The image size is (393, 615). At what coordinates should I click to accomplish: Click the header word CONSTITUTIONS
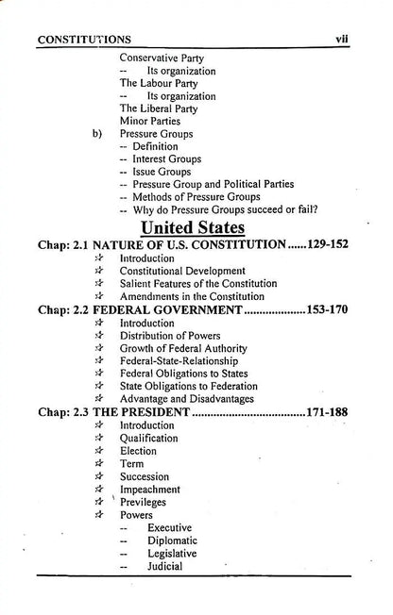pyautogui.click(x=84, y=40)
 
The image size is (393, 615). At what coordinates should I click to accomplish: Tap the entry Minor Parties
pyautogui.click(x=150, y=121)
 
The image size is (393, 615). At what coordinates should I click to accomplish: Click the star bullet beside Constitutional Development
pyautogui.click(x=98, y=271)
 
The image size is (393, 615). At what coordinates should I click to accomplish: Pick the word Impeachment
pyautogui.click(x=154, y=490)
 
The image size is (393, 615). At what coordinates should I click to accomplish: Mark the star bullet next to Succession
pyautogui.click(x=98, y=477)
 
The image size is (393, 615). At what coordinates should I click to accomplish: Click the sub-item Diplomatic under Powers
pyautogui.click(x=173, y=541)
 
